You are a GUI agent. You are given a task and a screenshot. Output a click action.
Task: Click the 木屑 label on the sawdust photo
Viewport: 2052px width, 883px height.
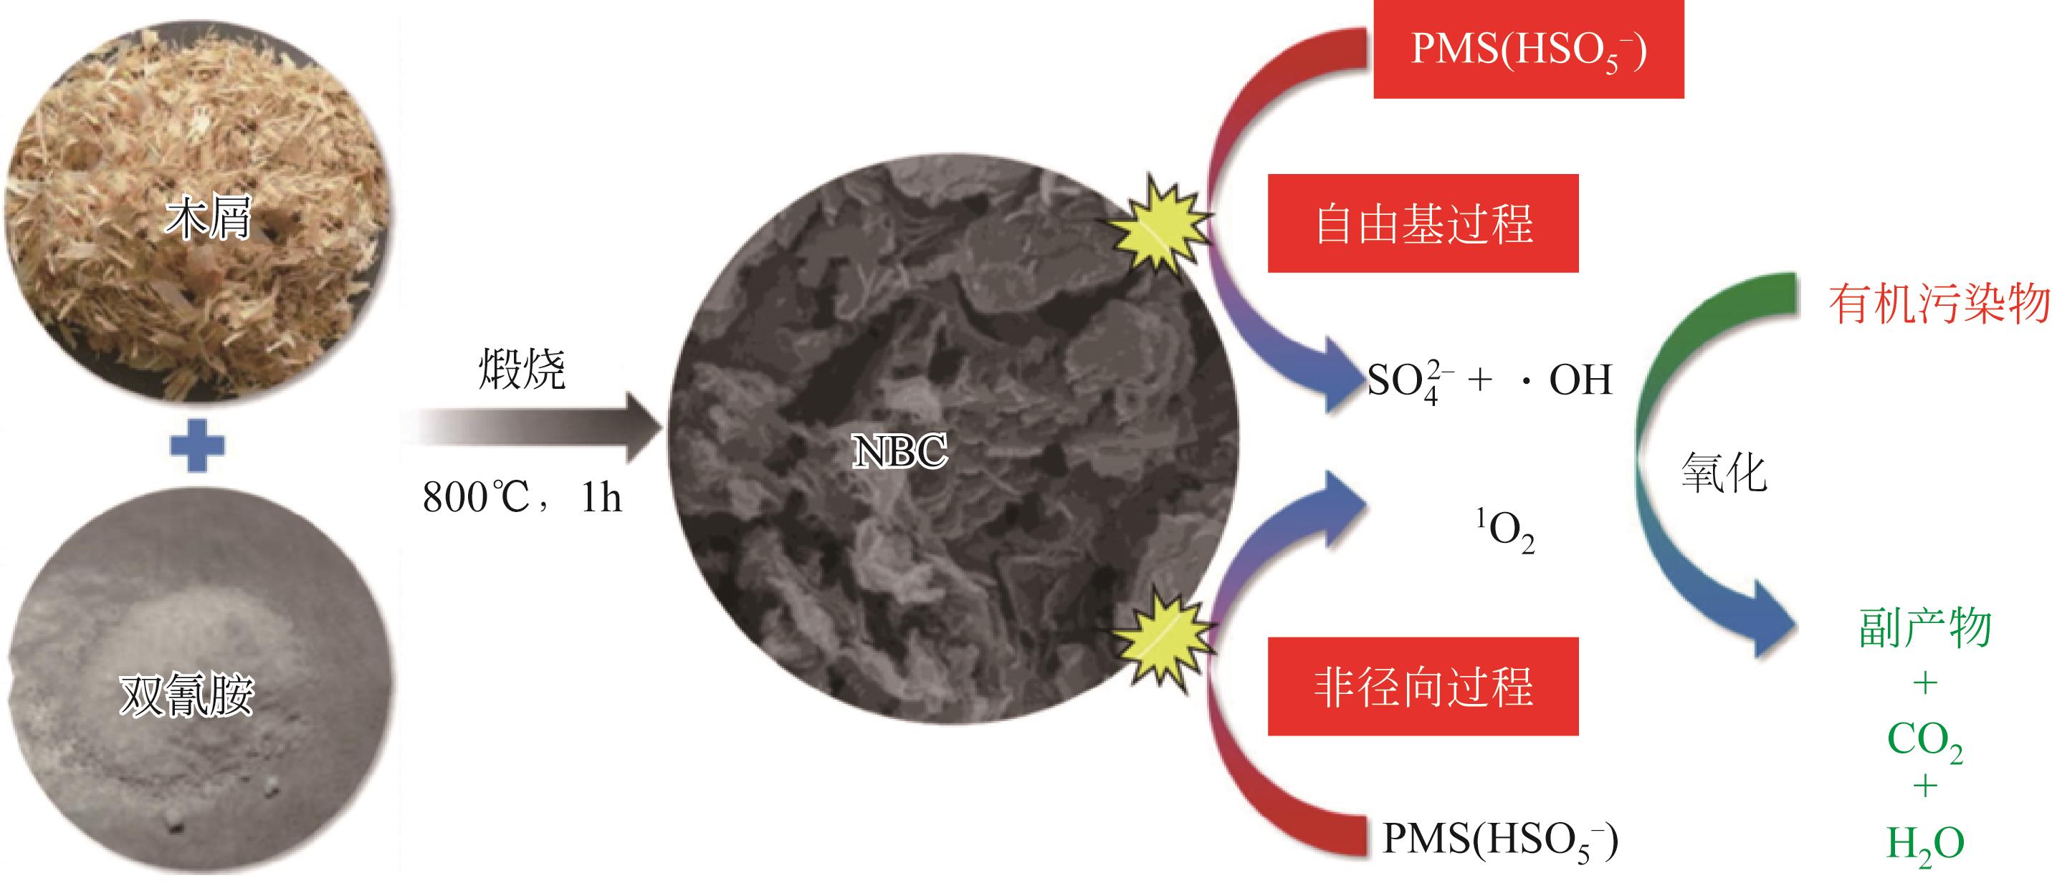208,216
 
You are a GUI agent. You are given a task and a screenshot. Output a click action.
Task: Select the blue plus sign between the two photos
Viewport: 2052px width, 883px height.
199,445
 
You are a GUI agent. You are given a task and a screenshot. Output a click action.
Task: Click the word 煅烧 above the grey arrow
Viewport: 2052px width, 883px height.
522,370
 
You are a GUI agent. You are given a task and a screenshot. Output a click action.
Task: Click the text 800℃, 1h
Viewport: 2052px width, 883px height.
522,498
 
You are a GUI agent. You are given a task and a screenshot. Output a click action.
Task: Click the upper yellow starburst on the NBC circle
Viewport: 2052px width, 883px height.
1160,227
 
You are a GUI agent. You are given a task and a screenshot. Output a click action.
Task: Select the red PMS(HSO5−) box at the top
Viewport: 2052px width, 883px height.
1528,49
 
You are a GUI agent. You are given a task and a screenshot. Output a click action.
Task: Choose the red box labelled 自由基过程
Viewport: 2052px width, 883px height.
1423,223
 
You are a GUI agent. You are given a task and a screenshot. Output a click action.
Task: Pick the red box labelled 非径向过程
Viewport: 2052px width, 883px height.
1423,686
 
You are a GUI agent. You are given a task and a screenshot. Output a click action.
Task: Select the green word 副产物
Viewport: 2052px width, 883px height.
1924,629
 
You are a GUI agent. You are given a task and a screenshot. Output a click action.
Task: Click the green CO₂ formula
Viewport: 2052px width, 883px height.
1924,740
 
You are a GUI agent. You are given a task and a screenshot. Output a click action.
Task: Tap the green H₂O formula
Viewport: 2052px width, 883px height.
1924,844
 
